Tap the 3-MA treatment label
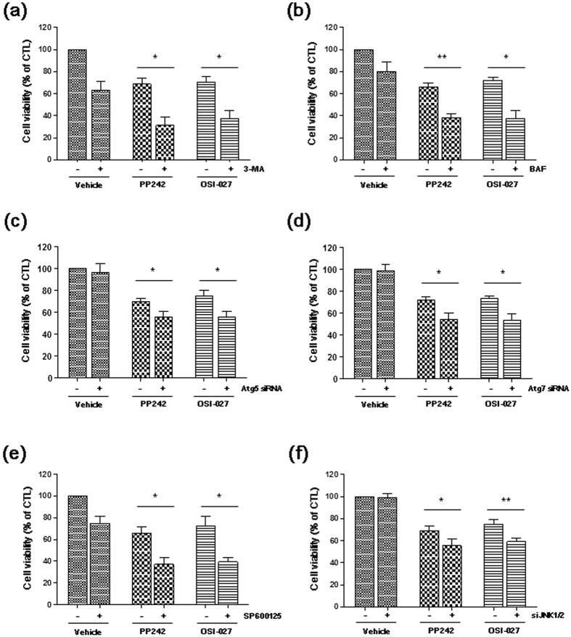(x=248, y=168)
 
